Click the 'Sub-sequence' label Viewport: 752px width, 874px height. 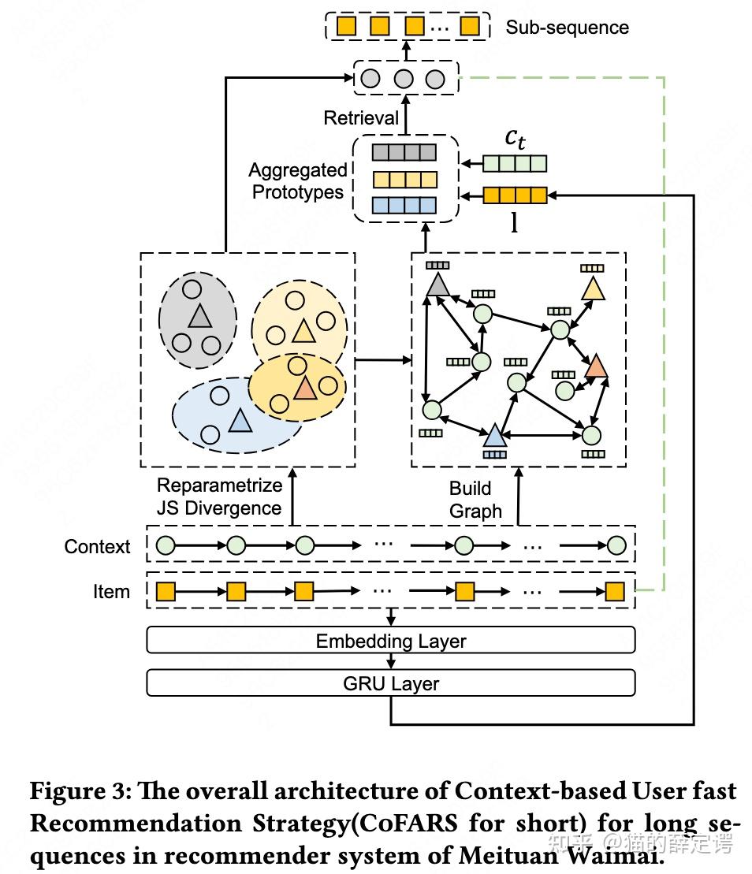(567, 28)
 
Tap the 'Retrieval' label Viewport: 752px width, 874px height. (361, 118)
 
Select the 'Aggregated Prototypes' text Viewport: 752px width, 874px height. (298, 181)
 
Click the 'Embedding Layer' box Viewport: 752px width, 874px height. (391, 641)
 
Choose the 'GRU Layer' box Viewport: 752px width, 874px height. (391, 683)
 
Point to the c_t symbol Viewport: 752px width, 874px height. (515, 138)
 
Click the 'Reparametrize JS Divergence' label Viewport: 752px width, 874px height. (219, 497)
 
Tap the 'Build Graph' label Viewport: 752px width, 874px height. (475, 500)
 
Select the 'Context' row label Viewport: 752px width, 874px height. (97, 547)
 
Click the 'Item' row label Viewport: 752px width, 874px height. (111, 592)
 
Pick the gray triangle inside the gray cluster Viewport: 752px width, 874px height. (199, 317)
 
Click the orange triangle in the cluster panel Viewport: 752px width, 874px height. (304, 388)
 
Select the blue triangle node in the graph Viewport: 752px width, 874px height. (494, 435)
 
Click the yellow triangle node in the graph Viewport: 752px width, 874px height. (592, 289)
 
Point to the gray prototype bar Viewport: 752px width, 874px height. (405, 152)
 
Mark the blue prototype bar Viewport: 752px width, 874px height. (405, 205)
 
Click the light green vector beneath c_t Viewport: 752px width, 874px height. (515, 164)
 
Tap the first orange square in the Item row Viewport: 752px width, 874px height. (166, 592)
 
